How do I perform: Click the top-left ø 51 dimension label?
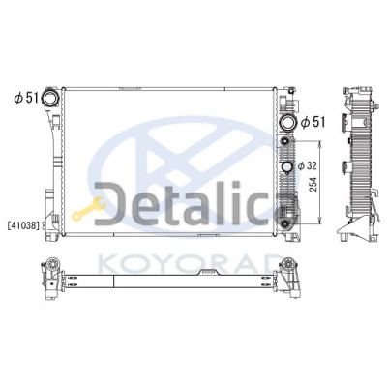tap(26, 98)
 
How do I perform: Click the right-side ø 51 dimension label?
tap(313, 122)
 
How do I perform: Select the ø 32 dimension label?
tap(307, 166)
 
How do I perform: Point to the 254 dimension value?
tap(313, 185)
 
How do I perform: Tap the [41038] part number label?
tap(23, 225)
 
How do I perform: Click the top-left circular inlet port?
tap(50, 99)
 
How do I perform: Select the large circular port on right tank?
tap(288, 123)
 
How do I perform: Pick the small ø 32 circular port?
tap(286, 166)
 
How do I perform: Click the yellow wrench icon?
tap(88, 209)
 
